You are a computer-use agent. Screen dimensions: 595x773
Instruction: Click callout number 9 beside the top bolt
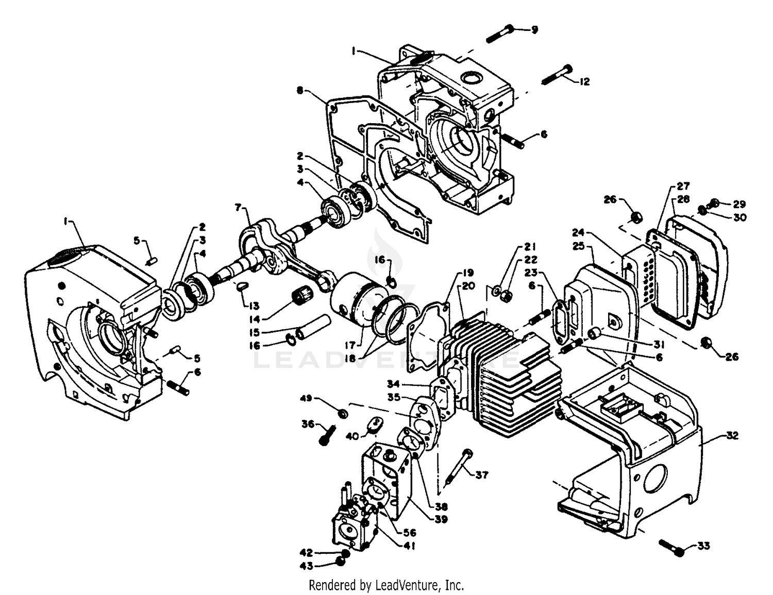point(534,30)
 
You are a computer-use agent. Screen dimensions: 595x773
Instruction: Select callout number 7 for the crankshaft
point(238,208)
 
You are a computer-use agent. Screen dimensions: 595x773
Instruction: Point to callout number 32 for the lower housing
point(732,435)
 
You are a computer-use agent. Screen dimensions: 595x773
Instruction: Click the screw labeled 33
point(670,547)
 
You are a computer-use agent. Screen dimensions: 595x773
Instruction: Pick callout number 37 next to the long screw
point(481,475)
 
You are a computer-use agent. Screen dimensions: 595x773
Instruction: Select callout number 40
point(352,436)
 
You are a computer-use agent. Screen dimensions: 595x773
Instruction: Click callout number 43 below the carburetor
point(307,566)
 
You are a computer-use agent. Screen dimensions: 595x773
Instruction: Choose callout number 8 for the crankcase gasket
point(300,90)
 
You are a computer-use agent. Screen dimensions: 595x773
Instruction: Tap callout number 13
point(255,305)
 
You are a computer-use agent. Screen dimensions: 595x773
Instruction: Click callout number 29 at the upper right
point(740,204)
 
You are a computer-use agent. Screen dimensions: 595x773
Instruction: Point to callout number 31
point(659,344)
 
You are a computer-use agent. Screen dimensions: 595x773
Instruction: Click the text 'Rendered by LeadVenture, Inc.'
point(386,585)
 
